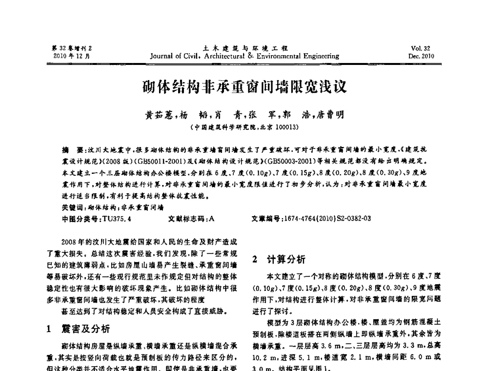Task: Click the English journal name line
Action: pos(244,56)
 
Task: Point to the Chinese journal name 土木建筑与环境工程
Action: pos(245,48)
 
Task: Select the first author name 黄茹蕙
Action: pos(159,115)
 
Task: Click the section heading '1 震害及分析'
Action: pos(78,329)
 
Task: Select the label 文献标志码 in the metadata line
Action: pos(187,219)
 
